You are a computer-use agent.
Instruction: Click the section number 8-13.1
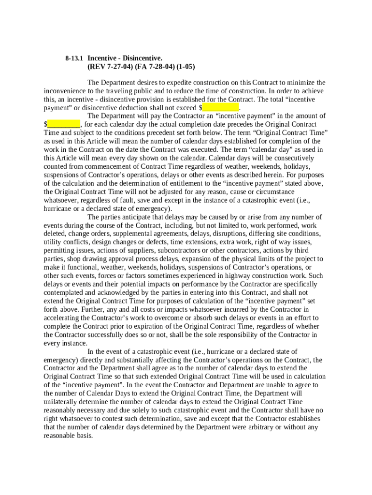point(74,58)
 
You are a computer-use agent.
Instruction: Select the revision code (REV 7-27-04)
point(107,67)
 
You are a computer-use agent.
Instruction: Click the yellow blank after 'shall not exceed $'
point(221,107)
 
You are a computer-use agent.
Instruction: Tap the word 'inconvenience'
point(64,90)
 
